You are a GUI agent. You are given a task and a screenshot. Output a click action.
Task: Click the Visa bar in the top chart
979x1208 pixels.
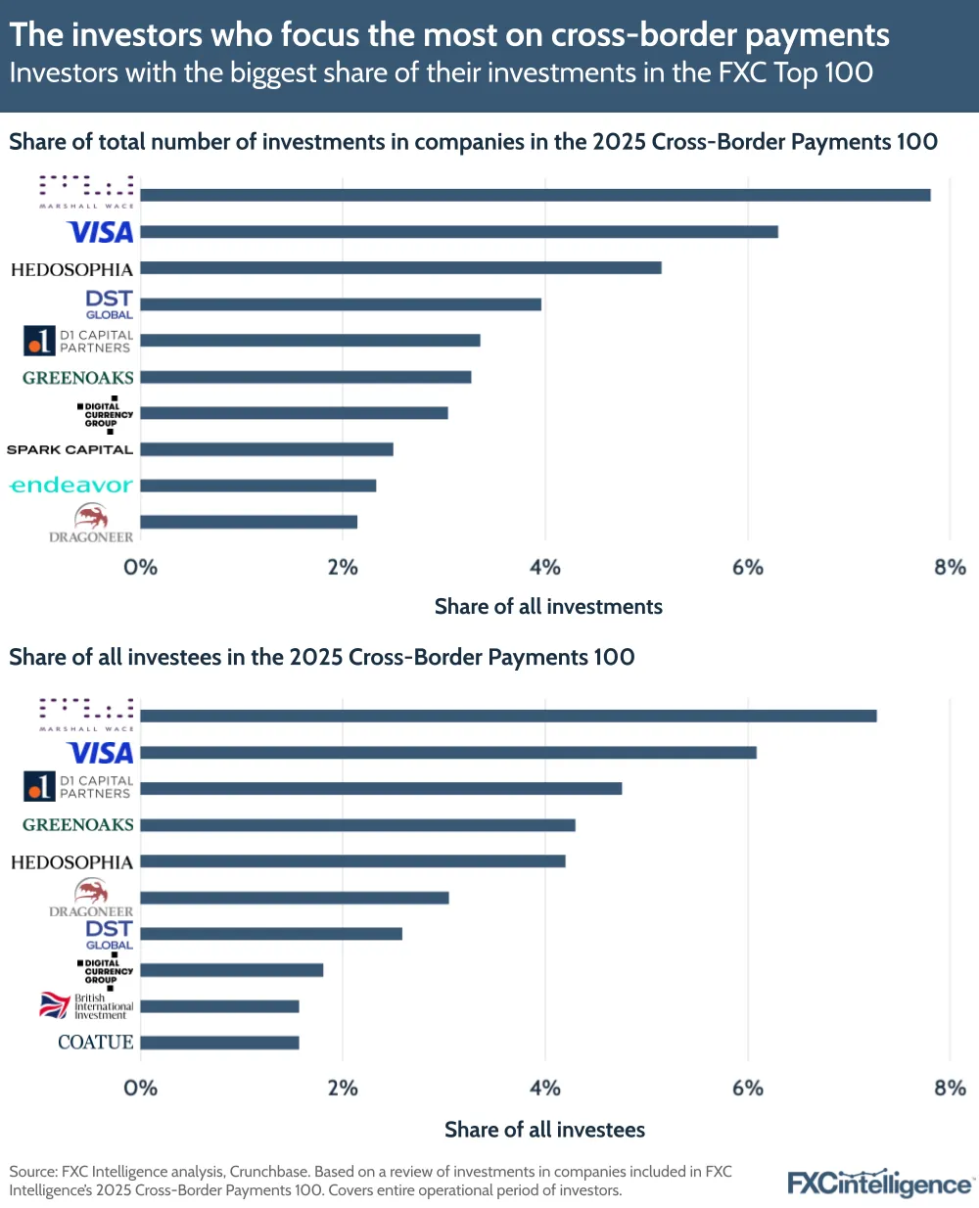[x=459, y=232]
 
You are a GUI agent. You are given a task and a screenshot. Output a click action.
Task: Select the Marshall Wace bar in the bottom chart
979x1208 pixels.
[x=508, y=716]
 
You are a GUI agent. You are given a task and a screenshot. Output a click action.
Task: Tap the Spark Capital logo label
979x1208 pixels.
[x=70, y=449]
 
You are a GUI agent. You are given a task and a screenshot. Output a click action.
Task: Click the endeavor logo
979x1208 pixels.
[x=70, y=486]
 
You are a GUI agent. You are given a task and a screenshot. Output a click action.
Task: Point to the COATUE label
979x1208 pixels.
[x=95, y=1043]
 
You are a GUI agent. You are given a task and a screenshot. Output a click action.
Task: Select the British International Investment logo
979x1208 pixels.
[x=86, y=1006]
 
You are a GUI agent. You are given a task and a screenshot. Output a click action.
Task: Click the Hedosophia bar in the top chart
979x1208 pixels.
[x=400, y=268]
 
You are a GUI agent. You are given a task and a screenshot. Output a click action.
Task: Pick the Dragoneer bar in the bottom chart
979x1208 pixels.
[x=295, y=898]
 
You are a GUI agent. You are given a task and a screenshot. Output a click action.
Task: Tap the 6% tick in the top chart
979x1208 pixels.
[x=748, y=568]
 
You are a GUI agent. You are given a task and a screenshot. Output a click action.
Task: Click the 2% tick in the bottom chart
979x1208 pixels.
[x=343, y=1089]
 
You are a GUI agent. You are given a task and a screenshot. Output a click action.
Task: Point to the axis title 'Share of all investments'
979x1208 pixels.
[x=548, y=607]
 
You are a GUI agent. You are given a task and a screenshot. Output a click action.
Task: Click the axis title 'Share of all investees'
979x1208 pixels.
[x=544, y=1130]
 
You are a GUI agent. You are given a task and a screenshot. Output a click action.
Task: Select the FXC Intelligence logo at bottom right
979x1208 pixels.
[x=879, y=1183]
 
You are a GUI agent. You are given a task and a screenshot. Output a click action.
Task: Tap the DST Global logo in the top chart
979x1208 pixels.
[x=109, y=303]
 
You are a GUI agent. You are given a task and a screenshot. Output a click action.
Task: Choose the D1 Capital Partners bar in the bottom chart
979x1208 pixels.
[x=381, y=788]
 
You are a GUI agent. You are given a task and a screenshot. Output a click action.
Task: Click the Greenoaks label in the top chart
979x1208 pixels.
[x=78, y=378]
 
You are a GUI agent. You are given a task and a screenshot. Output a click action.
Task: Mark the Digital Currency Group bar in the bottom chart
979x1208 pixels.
[x=232, y=970]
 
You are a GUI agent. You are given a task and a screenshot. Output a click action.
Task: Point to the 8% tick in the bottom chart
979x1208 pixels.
[x=950, y=1089]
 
